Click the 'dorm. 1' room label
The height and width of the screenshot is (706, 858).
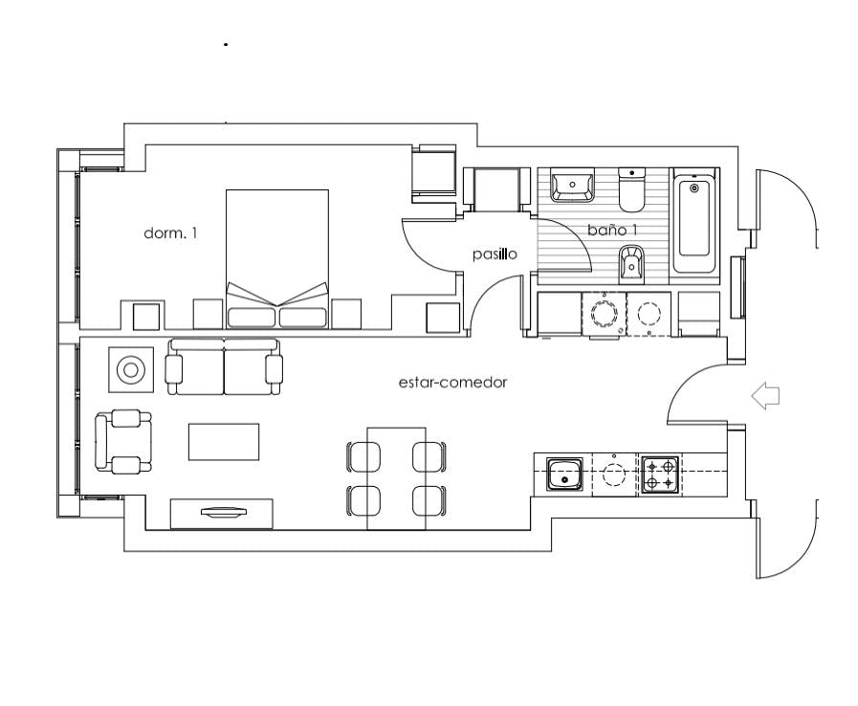coord(170,232)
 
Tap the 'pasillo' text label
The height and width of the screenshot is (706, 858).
coord(495,254)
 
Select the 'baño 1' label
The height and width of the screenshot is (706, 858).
coord(612,231)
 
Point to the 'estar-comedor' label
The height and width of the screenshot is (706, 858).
coord(452,383)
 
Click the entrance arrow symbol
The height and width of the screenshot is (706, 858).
coord(766,395)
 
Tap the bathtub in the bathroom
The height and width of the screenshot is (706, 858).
coord(694,227)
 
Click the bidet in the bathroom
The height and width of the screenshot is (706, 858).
coord(631,264)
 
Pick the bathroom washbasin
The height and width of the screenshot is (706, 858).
coord(572,184)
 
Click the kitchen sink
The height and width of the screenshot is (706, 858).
coord(564,474)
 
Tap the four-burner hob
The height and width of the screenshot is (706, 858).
coord(659,474)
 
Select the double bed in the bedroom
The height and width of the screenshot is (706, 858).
coord(277,258)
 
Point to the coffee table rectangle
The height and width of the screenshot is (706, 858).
coord(224,442)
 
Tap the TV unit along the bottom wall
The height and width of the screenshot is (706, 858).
coord(223,514)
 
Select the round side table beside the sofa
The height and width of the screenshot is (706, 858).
coord(129,368)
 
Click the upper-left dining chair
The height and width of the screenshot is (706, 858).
coord(363,456)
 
